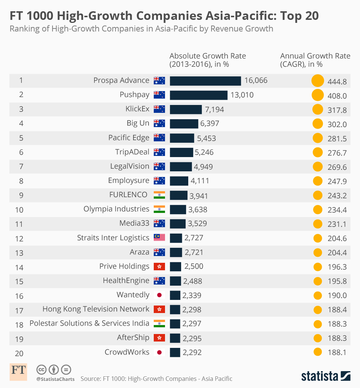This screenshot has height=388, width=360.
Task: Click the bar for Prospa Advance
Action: (x=205, y=81)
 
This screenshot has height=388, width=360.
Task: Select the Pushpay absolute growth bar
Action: (x=198, y=95)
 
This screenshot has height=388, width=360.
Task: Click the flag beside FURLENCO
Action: (x=159, y=195)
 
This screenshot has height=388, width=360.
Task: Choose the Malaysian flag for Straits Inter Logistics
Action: (x=159, y=238)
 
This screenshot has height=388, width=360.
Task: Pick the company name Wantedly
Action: (x=133, y=295)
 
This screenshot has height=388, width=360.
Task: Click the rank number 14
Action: (x=19, y=267)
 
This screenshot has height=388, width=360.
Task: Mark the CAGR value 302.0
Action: (x=336, y=124)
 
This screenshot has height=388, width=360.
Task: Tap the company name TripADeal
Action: (x=132, y=152)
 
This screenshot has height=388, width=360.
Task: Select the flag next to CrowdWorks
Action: (x=159, y=352)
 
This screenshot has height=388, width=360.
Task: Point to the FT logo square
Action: (x=18, y=371)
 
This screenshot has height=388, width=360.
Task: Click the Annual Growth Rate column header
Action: (x=315, y=60)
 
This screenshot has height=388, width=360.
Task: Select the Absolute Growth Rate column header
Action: (x=207, y=60)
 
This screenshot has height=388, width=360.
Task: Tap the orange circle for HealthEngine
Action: (x=317, y=281)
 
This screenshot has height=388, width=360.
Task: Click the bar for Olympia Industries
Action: (x=178, y=209)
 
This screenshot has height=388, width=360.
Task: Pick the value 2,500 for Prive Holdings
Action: (x=193, y=267)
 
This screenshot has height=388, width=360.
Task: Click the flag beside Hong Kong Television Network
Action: (x=159, y=309)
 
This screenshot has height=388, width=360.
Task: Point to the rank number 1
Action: (x=21, y=80)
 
